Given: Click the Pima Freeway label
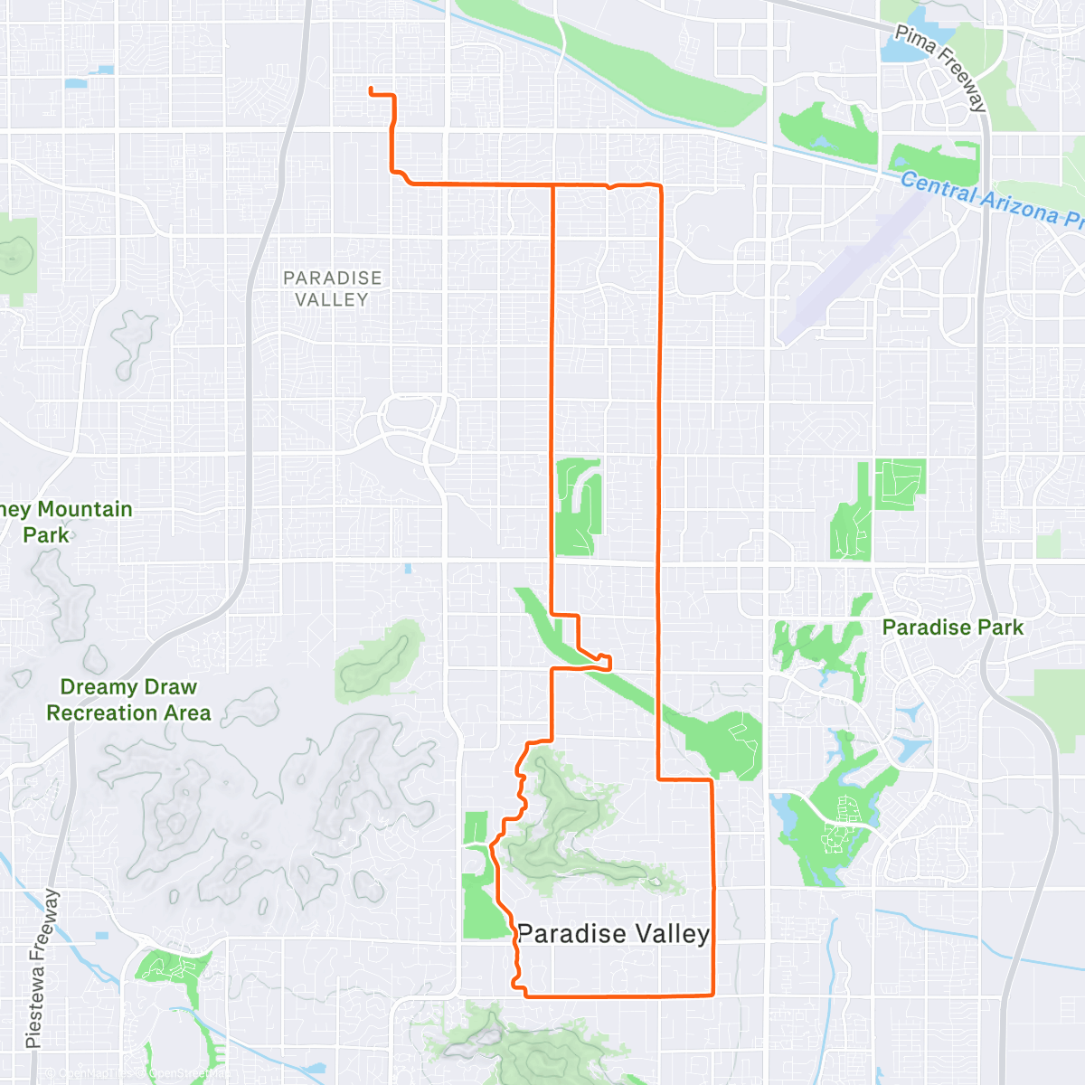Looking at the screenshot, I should click(940, 67).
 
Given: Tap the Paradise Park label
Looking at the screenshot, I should click(952, 627).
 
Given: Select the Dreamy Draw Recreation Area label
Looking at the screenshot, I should click(128, 700).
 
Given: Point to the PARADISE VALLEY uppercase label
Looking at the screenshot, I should click(333, 288).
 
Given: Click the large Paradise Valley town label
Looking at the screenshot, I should click(613, 933).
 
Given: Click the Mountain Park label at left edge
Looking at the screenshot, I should click(63, 522).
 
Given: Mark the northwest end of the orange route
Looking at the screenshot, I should click(371, 89).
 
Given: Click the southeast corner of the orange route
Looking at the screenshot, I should click(713, 995).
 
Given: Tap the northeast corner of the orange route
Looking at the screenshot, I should click(661, 186).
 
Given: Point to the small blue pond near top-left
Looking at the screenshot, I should click(77, 83).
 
